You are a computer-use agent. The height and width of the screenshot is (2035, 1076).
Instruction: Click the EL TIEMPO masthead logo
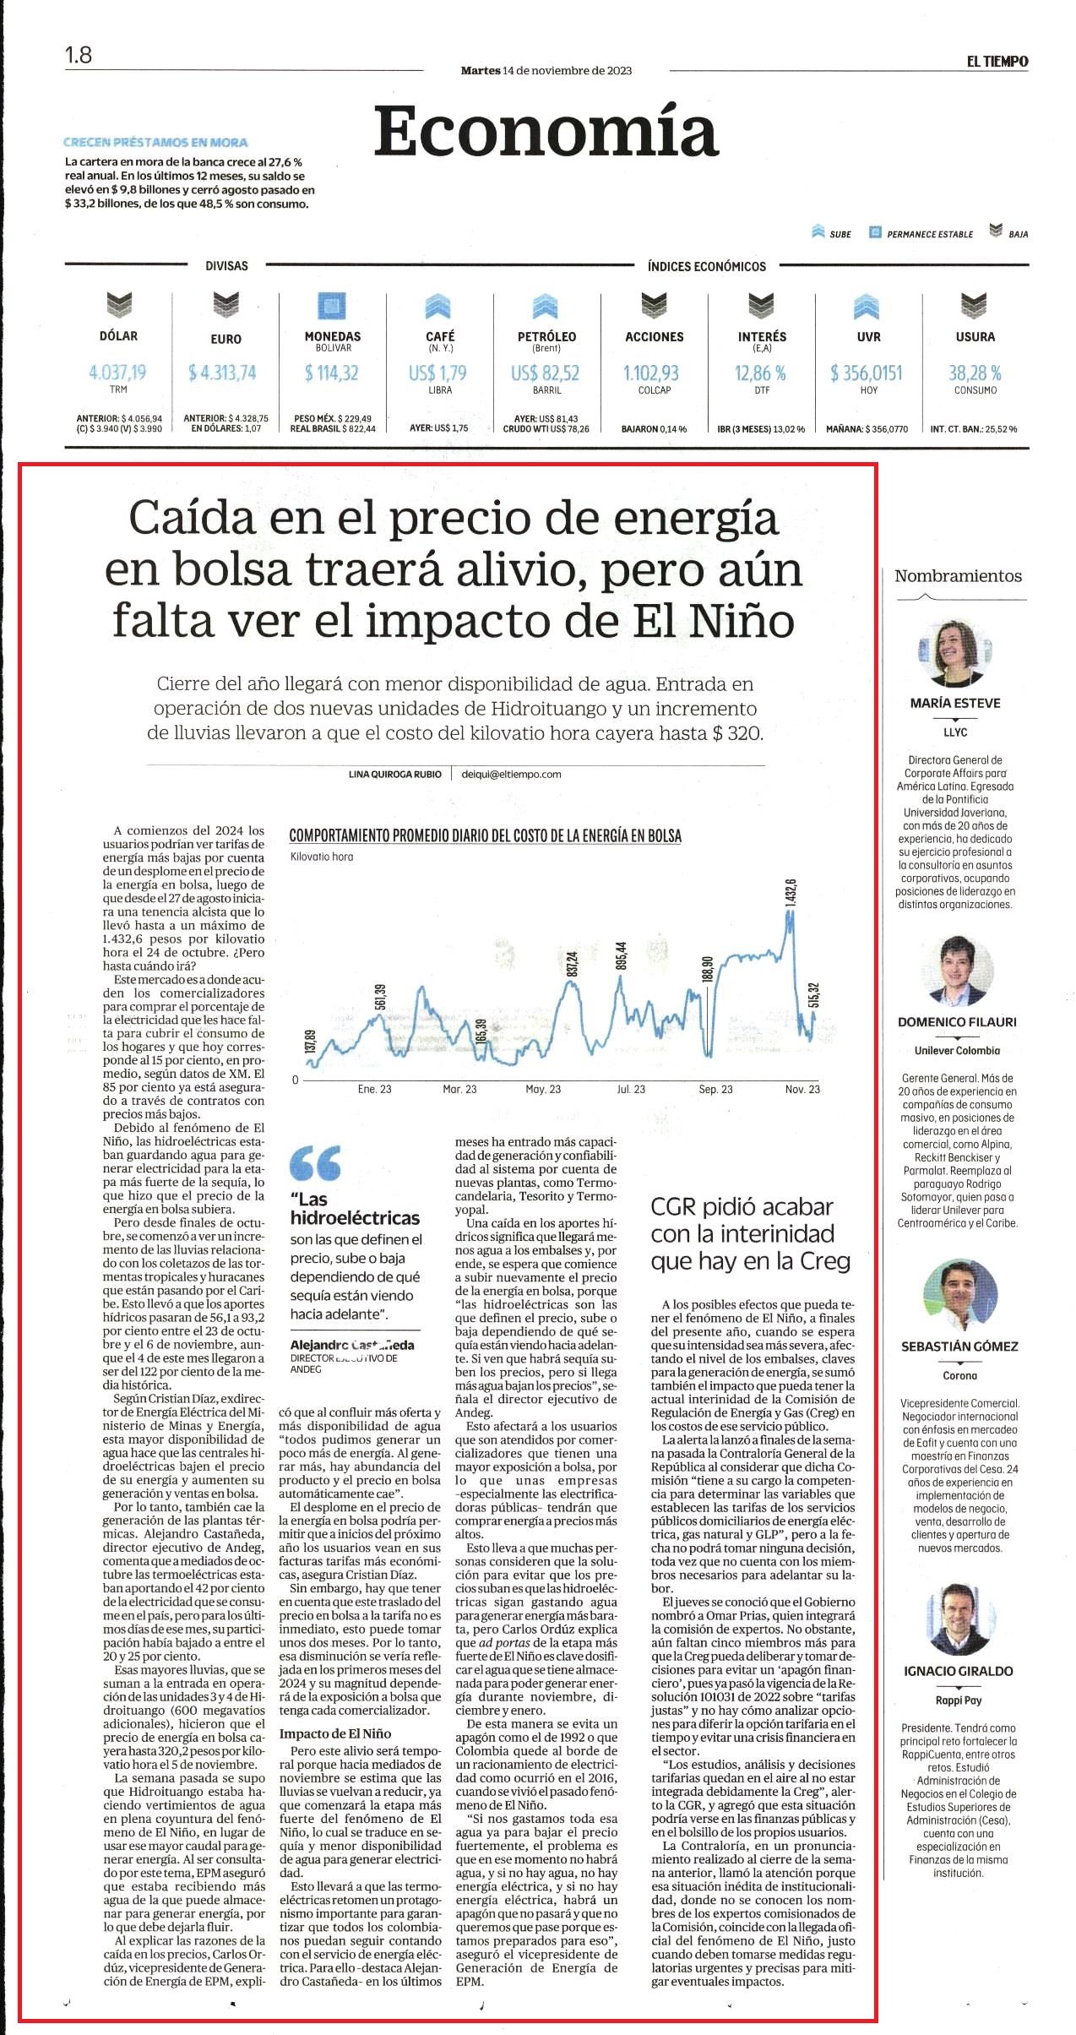click(x=997, y=61)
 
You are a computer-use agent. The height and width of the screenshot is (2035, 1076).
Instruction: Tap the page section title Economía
click(x=546, y=130)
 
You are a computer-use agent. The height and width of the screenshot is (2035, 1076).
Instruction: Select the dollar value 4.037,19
click(x=117, y=373)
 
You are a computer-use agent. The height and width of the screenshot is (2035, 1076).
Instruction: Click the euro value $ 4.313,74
click(x=223, y=373)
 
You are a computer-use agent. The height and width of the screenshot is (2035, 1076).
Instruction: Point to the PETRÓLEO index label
click(x=546, y=336)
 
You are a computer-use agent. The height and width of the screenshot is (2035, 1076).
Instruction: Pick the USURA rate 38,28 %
click(x=975, y=373)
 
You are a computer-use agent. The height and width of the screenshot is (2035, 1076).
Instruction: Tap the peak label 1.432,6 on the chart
click(x=791, y=895)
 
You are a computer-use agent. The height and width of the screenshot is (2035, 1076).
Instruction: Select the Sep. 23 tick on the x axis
click(x=715, y=1089)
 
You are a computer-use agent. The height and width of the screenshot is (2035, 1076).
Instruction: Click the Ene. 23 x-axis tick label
click(x=374, y=1089)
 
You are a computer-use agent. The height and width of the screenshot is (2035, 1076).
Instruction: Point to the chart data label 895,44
click(x=622, y=956)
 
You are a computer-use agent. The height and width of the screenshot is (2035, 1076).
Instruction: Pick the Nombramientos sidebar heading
click(x=958, y=576)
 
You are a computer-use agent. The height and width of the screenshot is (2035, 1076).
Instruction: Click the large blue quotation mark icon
click(x=315, y=1162)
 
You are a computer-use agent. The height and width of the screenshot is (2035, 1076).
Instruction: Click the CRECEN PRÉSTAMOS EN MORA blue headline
click(x=155, y=142)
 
